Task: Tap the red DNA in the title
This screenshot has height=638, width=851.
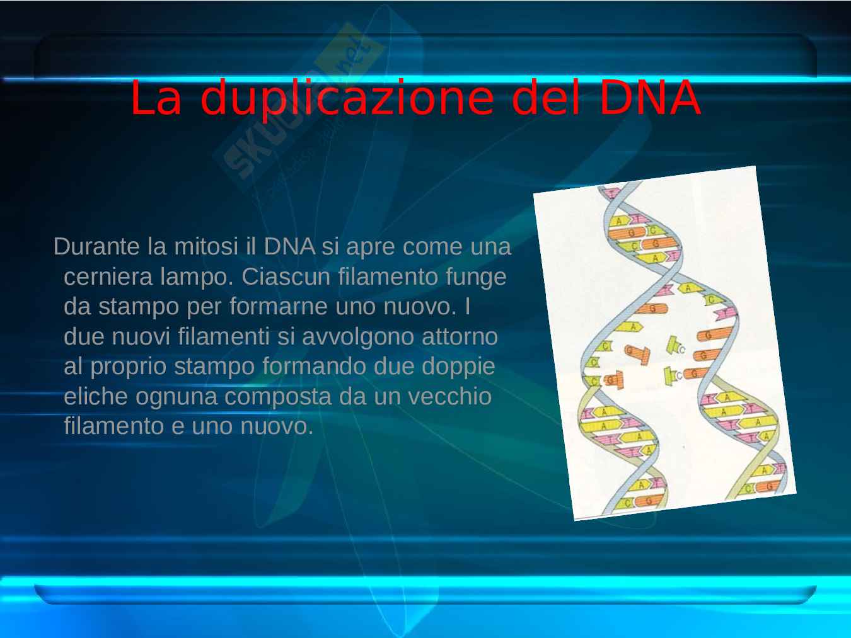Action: click(x=650, y=98)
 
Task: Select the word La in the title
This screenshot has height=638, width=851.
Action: click(x=156, y=98)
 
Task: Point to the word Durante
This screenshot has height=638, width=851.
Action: click(x=96, y=246)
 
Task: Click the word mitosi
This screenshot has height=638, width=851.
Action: click(x=206, y=246)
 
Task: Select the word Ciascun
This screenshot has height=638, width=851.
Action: click(x=286, y=276)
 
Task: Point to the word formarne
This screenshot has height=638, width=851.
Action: click(x=279, y=307)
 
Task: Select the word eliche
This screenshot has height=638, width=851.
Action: click(x=95, y=396)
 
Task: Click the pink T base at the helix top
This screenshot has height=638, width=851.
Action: click(x=613, y=193)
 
